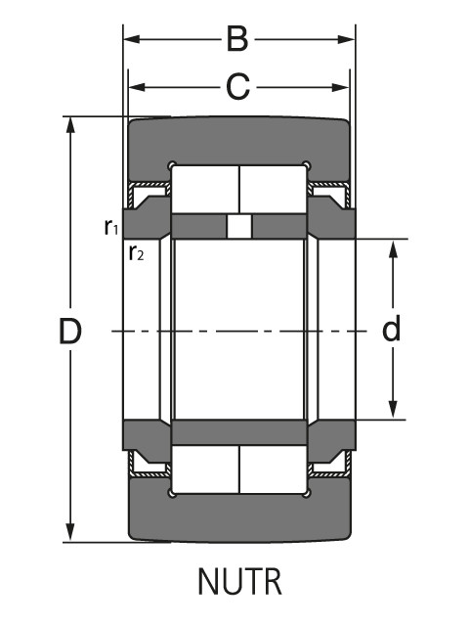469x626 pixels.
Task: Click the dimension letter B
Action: coord(237,39)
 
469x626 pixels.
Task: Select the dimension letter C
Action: coord(238,87)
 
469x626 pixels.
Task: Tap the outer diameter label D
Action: coord(70,331)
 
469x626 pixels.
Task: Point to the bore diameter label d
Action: coord(391,329)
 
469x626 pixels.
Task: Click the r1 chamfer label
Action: coord(111,227)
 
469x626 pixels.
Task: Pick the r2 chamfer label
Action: coord(136,252)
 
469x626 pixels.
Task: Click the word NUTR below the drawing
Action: coord(239,582)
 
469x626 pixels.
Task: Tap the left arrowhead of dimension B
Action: coord(132,39)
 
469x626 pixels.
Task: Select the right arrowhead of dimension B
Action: coord(346,39)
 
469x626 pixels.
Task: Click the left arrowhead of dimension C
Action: coord(137,87)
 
